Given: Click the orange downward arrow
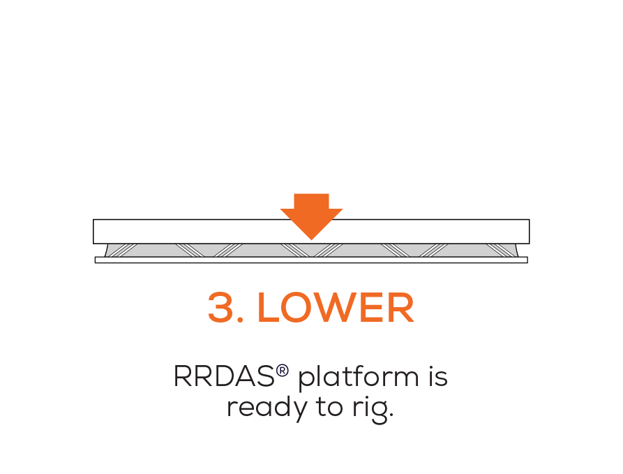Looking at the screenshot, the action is pos(311,215).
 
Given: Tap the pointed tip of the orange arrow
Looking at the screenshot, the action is pos(311,237).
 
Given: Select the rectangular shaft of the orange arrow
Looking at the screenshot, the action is pos(311,201).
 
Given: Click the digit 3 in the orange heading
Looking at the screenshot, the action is pos(221,308).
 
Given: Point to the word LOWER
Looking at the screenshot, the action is pos(336,308).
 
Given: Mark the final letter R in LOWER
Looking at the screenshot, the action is pos(403,308).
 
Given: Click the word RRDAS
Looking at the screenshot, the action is pos(224,377).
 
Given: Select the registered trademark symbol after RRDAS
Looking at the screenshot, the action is pos(283,371).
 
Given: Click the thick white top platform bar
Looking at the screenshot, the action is pos(174,231).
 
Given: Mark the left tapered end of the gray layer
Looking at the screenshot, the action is pos(109,251).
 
